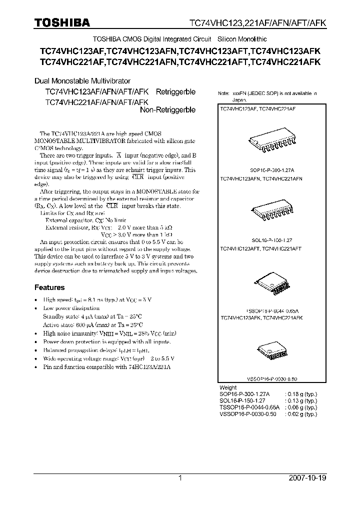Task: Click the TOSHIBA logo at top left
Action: pos(62,22)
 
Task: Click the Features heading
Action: pos(49,287)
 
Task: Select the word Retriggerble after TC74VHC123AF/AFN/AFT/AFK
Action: pos(175,92)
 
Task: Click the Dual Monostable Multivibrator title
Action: pos(82,80)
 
